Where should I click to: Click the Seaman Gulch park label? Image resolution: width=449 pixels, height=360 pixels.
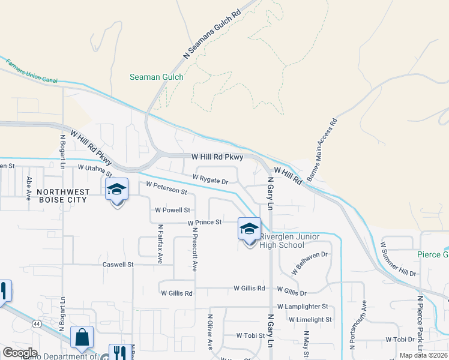(x=157, y=77)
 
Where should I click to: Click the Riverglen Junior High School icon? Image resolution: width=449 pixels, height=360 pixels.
(x=249, y=230)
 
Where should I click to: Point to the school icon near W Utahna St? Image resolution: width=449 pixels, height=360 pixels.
(x=117, y=191)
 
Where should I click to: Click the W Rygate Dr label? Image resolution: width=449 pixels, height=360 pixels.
(x=210, y=179)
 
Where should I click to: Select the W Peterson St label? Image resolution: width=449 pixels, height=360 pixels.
(x=166, y=188)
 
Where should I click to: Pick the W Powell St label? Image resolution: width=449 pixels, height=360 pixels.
(x=172, y=211)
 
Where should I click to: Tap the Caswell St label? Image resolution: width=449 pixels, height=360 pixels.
(x=118, y=264)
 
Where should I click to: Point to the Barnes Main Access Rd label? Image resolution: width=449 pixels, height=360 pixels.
(x=322, y=150)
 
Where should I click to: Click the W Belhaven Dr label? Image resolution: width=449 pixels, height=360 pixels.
(x=311, y=263)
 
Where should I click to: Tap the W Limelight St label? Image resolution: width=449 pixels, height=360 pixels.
(x=310, y=320)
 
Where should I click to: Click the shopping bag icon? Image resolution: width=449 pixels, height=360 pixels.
(x=82, y=338)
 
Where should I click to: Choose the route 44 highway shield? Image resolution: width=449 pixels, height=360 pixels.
(x=37, y=324)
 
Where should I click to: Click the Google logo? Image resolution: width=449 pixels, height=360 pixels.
(x=20, y=352)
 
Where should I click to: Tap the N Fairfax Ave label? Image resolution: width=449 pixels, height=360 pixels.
(x=160, y=244)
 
